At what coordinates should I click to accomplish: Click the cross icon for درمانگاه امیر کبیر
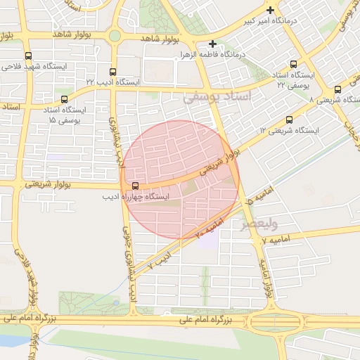click(x=270, y=10)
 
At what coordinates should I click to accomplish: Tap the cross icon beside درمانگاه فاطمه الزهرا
click(x=212, y=44)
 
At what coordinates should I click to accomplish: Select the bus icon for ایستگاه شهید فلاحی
click(x=27, y=56)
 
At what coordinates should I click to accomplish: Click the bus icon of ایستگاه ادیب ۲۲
click(x=113, y=72)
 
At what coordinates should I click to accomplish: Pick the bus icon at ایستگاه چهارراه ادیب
click(x=134, y=186)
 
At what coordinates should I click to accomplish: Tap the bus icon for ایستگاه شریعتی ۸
click(x=338, y=89)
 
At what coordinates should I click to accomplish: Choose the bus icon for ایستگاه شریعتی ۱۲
click(x=290, y=120)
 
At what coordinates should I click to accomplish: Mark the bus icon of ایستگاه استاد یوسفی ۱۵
click(x=65, y=100)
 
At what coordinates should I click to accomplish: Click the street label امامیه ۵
click(x=256, y=203)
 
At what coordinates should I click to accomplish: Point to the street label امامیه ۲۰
click(x=208, y=226)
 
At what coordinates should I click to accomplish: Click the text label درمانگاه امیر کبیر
click(x=298, y=21)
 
